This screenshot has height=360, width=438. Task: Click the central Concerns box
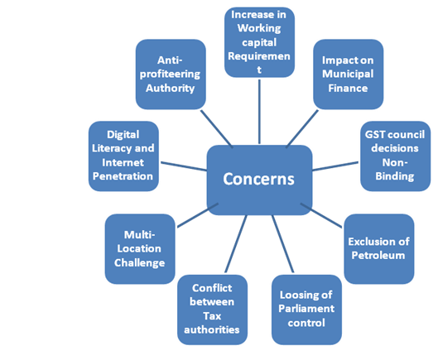[259, 180]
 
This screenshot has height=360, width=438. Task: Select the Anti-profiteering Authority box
[171, 74]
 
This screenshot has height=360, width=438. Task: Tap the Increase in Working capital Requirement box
[259, 42]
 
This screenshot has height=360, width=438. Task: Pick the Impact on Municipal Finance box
[348, 74]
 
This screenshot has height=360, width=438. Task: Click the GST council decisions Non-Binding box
[395, 156]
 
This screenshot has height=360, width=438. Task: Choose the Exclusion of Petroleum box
[379, 249]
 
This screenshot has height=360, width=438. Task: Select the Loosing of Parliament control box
[306, 310]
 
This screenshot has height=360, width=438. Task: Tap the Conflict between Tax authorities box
[212, 310]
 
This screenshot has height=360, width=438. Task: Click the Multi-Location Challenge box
[140, 249]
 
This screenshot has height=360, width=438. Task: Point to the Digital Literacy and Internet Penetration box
[123, 156]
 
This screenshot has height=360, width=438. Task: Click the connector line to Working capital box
[259, 112]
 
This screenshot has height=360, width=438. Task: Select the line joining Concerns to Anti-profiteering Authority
[216, 129]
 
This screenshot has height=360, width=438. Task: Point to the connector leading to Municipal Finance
[302, 129]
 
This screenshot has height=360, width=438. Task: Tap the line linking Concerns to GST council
[335, 166]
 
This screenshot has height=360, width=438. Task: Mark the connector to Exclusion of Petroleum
[321, 215]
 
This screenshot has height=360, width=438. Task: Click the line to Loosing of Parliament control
[282, 244]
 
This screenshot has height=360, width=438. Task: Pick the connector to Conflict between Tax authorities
[236, 244]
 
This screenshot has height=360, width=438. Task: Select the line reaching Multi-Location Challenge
[198, 215]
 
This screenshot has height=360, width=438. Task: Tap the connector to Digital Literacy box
[184, 166]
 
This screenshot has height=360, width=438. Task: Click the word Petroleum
[378, 255]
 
